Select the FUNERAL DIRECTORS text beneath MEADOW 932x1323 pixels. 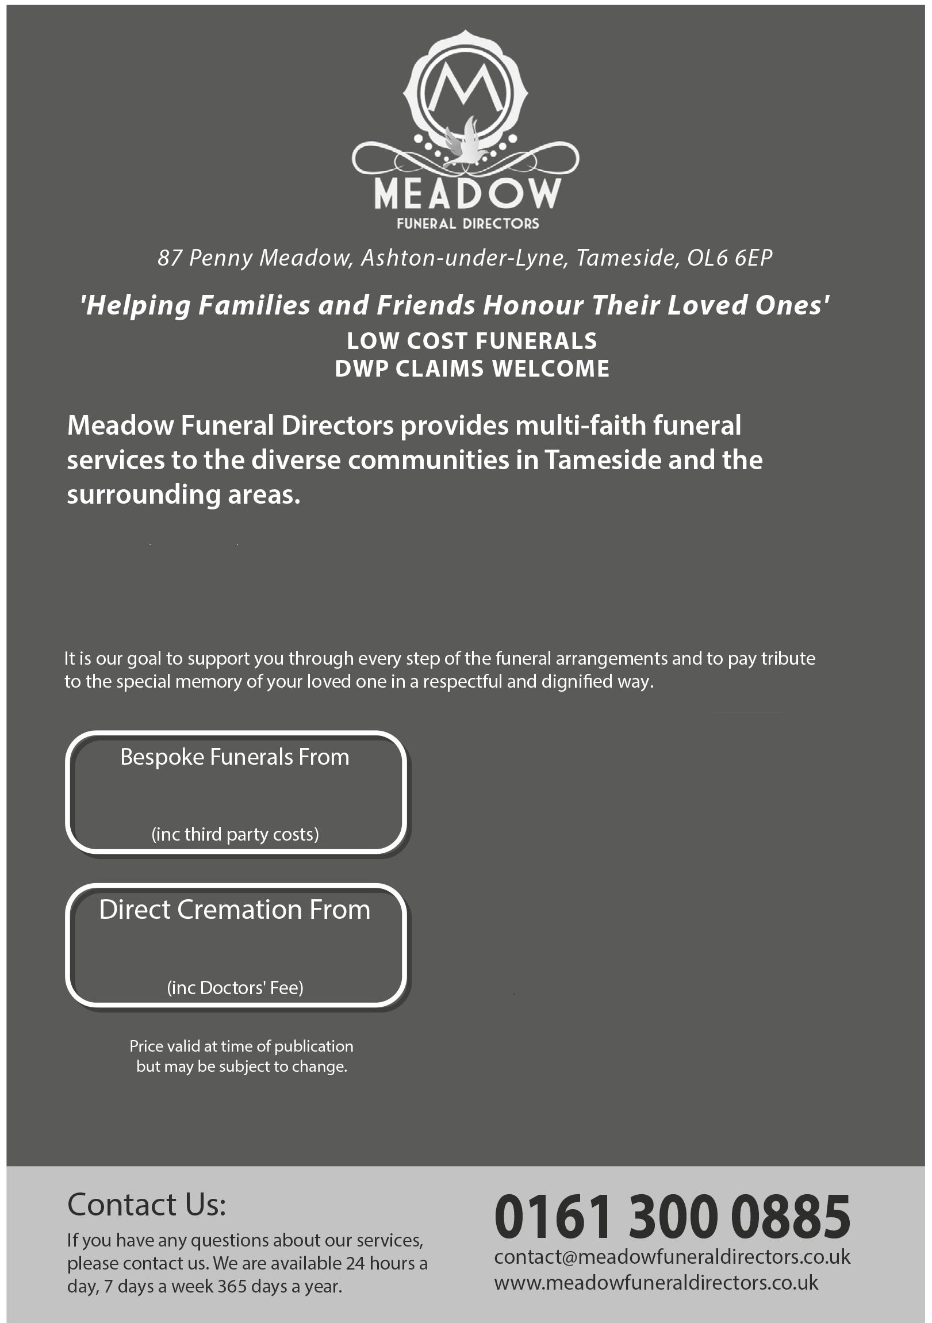click(x=467, y=224)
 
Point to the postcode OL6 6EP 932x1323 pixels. click(x=729, y=258)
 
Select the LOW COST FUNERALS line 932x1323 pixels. click(x=471, y=341)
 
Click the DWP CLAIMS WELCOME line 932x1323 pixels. click(x=471, y=369)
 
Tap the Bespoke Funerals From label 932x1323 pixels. click(x=235, y=757)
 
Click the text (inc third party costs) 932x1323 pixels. click(x=235, y=834)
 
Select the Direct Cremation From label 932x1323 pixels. click(x=235, y=910)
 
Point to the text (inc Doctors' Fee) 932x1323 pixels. click(x=235, y=988)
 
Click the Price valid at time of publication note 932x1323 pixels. click(x=241, y=1046)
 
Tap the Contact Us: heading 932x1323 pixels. click(x=147, y=1205)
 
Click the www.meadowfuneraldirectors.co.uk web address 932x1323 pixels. click(x=656, y=1283)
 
